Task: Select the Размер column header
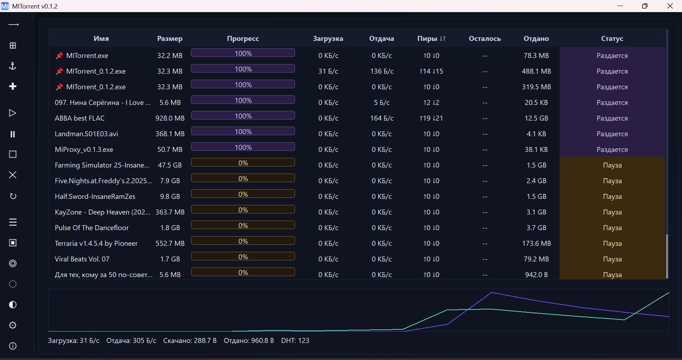(x=170, y=38)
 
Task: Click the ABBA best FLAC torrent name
(x=80, y=118)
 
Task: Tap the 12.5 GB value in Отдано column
(x=536, y=118)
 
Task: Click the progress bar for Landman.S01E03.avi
(x=243, y=132)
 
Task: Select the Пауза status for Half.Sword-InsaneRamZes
(x=612, y=196)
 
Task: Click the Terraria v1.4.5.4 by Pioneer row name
(x=96, y=243)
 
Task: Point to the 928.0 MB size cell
(x=170, y=118)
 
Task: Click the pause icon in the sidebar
(x=13, y=134)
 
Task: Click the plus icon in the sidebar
(x=13, y=86)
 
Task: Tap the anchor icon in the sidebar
(x=13, y=66)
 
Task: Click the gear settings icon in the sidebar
(x=13, y=325)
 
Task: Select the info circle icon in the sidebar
(x=13, y=346)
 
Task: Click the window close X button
(x=670, y=6)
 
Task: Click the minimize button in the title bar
(x=620, y=6)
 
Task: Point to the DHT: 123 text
(x=295, y=340)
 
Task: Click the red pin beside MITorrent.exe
(x=59, y=55)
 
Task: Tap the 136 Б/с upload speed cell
(x=381, y=71)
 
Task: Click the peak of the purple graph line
(x=492, y=292)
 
